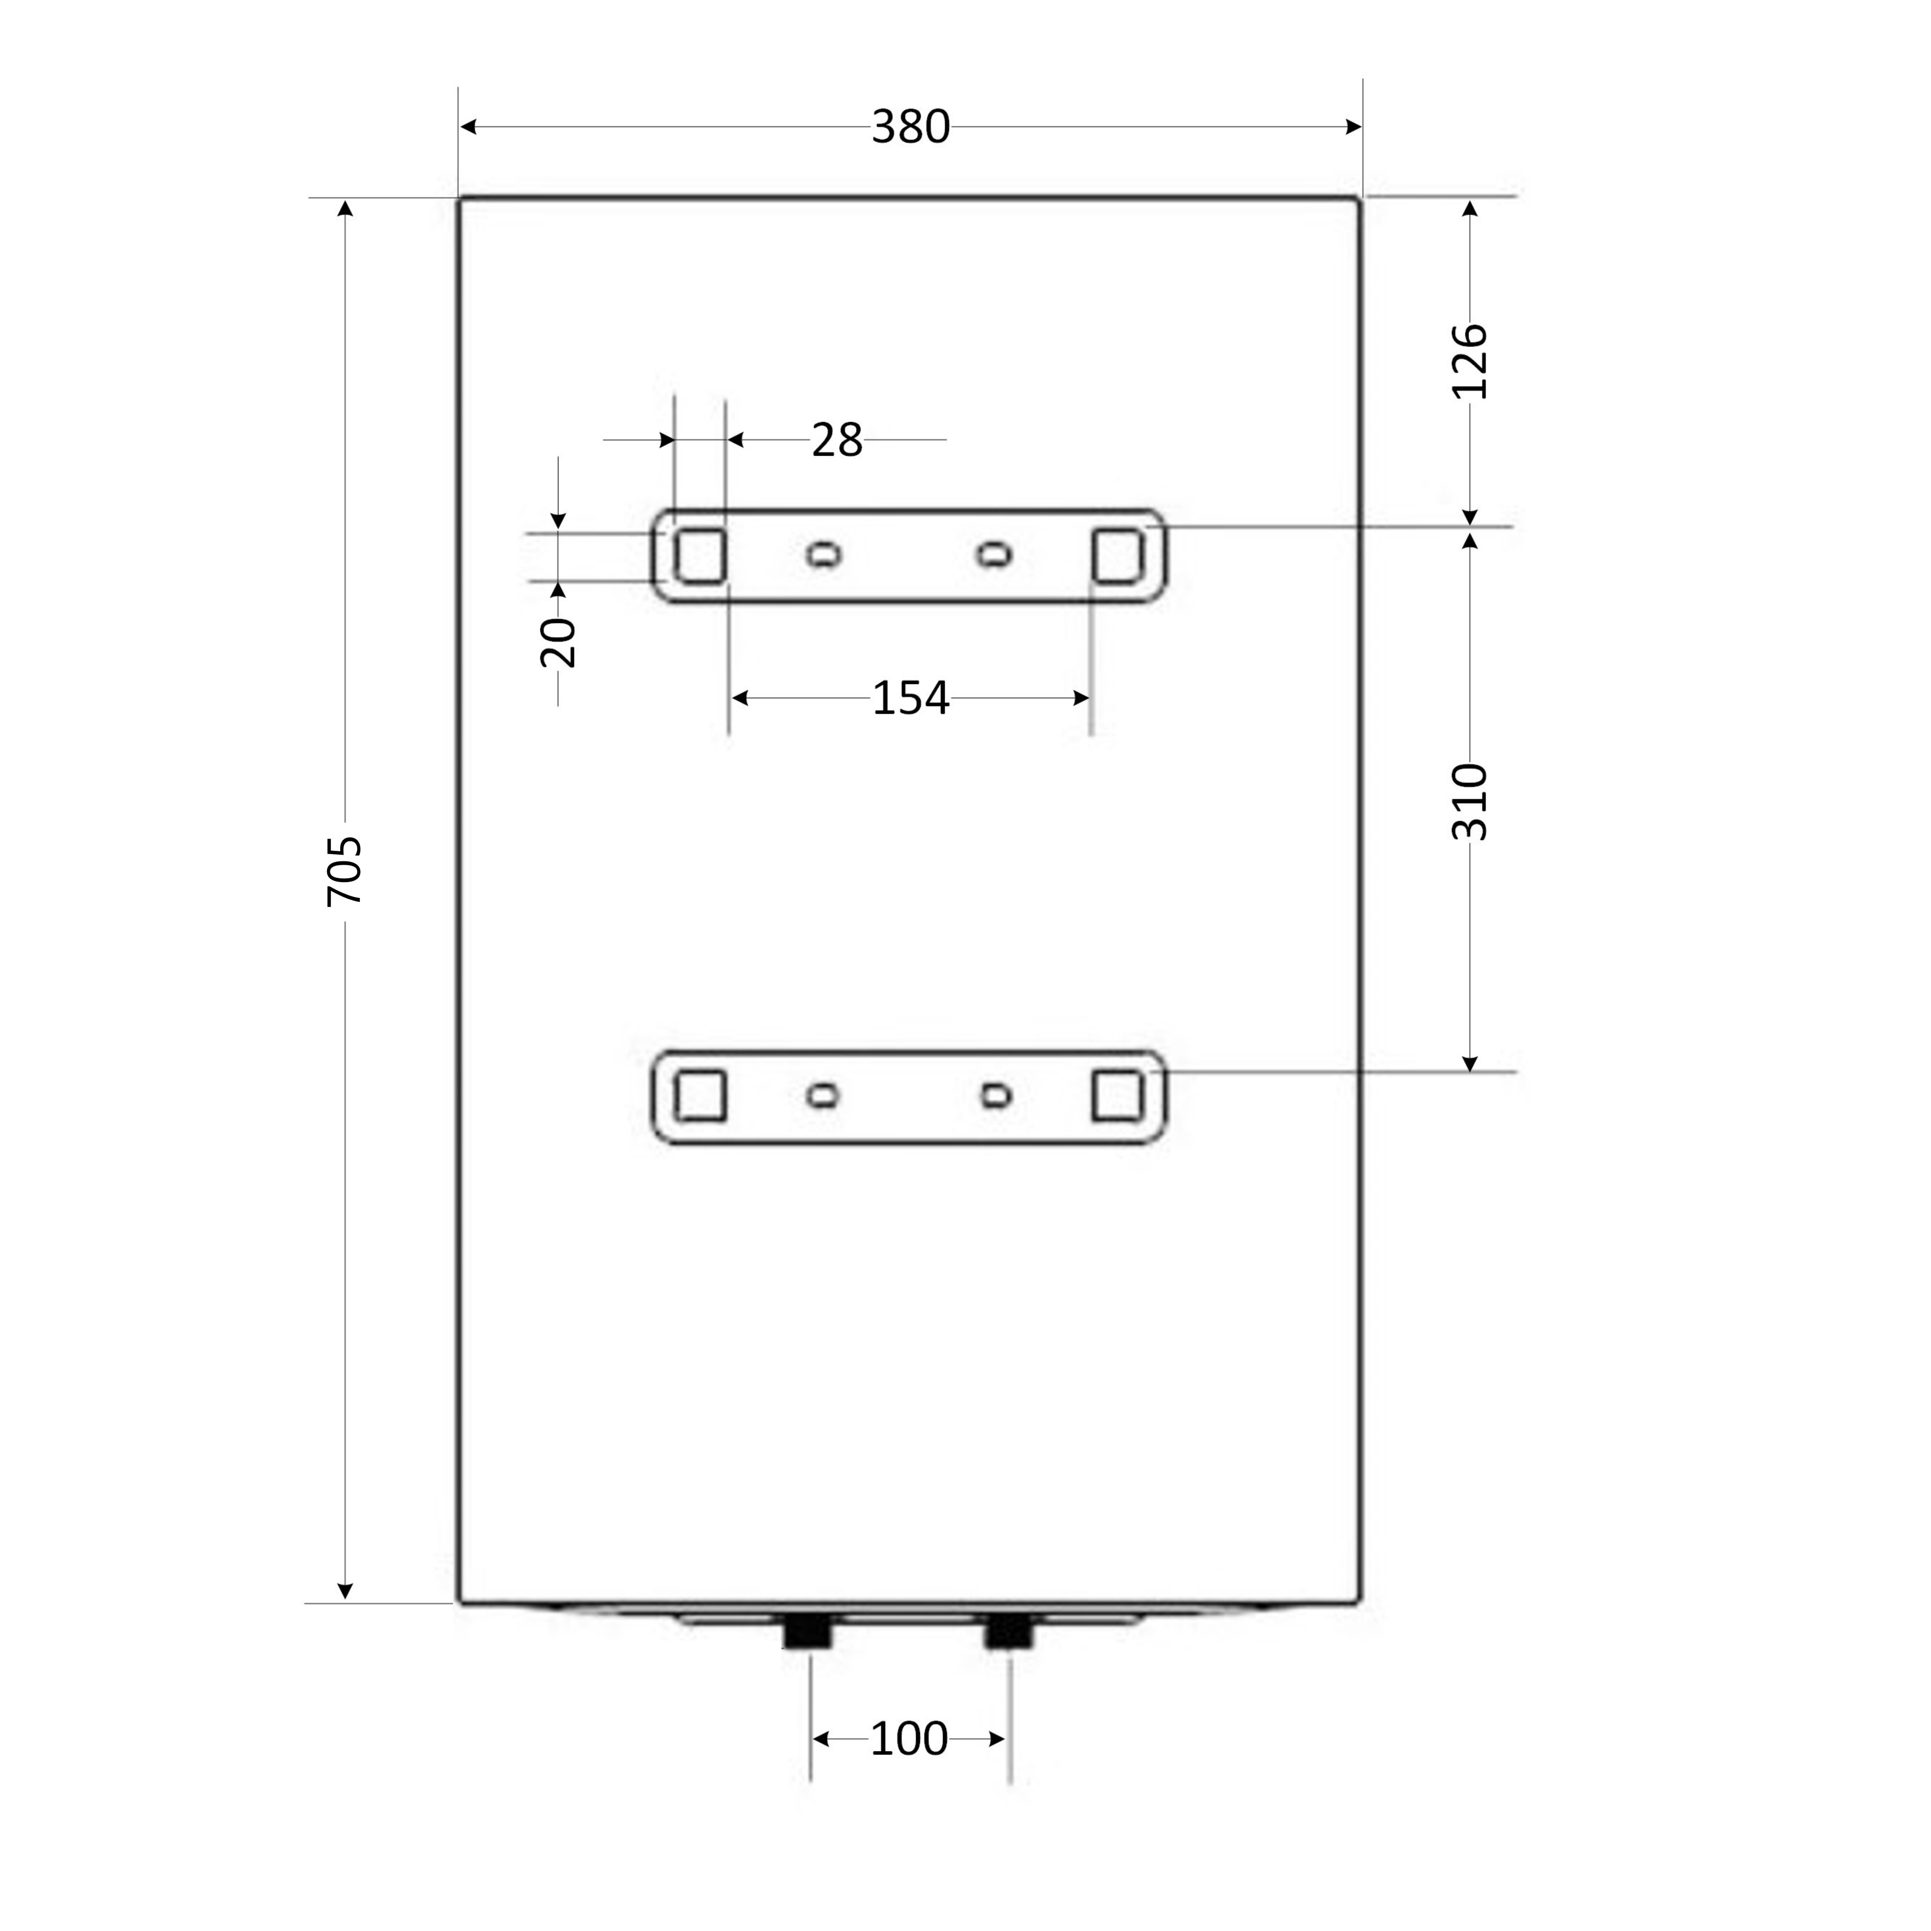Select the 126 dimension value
(1469, 361)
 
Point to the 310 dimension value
(1469, 802)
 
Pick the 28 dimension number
(837, 440)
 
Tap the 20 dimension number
(558, 643)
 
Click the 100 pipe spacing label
(908, 1739)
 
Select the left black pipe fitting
(808, 1632)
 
